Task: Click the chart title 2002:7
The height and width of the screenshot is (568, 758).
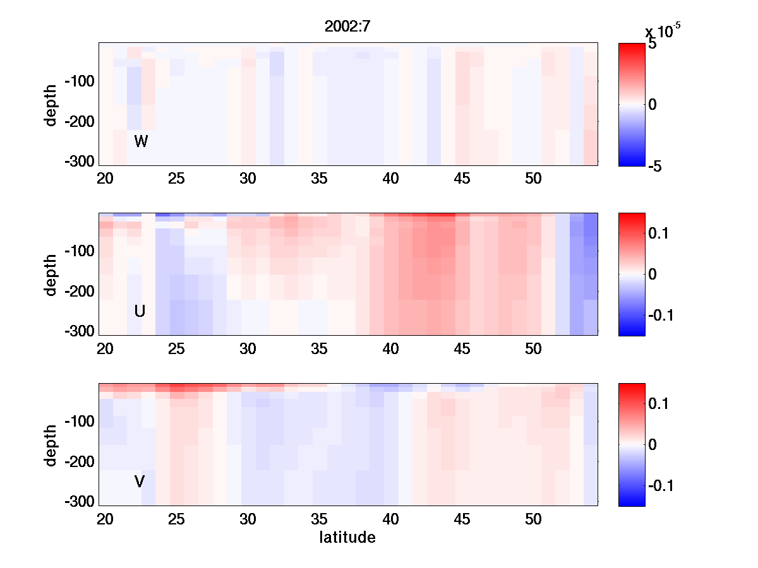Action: (x=346, y=27)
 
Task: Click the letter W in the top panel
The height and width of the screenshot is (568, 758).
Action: (x=141, y=142)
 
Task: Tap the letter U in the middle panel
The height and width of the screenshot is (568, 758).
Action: (x=140, y=311)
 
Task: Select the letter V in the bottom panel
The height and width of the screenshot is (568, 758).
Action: (x=140, y=482)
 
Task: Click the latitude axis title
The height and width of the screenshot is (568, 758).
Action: (x=347, y=538)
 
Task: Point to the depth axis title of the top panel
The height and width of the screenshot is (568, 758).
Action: (x=51, y=104)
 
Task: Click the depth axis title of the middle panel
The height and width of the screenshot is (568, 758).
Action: (x=51, y=274)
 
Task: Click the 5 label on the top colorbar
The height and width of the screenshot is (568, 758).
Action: (x=653, y=45)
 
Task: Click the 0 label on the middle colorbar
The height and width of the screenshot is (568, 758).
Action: (x=653, y=275)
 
